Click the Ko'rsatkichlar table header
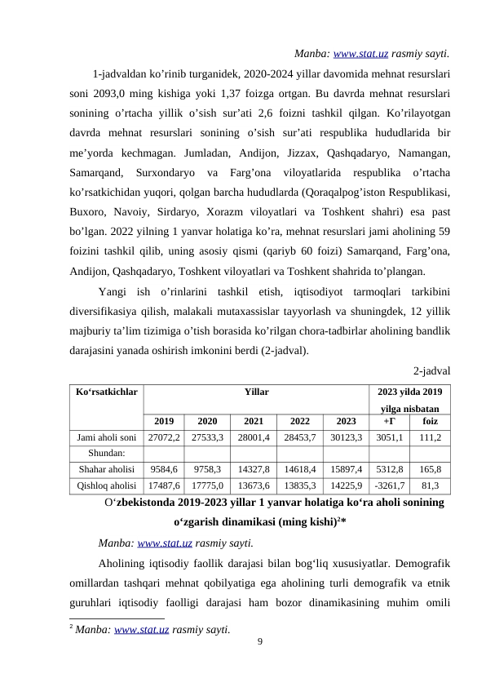tap(106, 392)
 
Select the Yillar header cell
tap(256, 392)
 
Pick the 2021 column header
tap(254, 422)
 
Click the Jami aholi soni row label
tap(106, 437)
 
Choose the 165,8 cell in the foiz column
tap(430, 469)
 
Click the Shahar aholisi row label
tap(106, 469)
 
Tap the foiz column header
tap(430, 422)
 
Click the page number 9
tap(258, 643)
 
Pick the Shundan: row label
tap(106, 453)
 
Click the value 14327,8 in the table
tap(254, 469)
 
